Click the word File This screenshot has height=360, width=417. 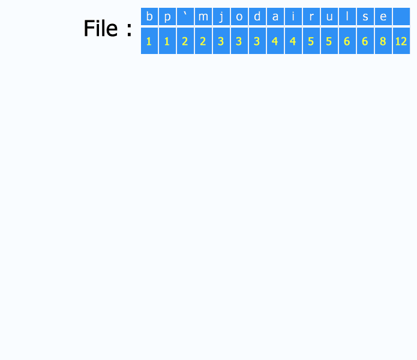click(101, 28)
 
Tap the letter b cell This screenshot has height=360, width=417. click(149, 16)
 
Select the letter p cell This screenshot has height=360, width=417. click(167, 16)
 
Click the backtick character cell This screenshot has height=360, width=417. click(185, 16)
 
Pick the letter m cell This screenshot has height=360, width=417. click(203, 16)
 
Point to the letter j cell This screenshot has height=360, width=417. click(221, 16)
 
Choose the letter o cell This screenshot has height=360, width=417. click(239, 16)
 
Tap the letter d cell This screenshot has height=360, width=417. click(257, 16)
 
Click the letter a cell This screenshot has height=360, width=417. click(275, 16)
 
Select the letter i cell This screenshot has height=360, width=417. click(293, 16)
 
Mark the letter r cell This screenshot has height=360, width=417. click(311, 16)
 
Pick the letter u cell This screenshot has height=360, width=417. click(329, 16)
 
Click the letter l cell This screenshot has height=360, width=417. click(347, 16)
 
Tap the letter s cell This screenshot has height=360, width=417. click(365, 16)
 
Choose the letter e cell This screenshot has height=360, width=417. click(383, 16)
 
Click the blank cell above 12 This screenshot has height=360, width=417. click(401, 16)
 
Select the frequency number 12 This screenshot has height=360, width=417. click(401, 41)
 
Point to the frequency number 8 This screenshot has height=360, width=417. click(383, 41)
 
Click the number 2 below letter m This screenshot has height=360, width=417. click(203, 41)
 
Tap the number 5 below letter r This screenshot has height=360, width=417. click(311, 41)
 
